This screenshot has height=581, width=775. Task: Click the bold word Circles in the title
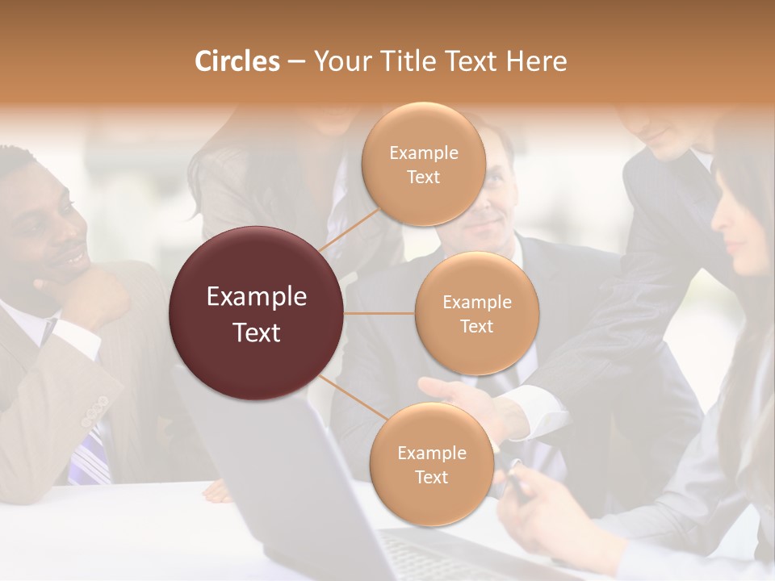tap(237, 61)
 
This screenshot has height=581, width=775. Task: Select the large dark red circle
tap(257, 313)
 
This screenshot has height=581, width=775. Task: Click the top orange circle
tap(423, 164)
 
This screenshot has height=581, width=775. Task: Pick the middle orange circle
tap(476, 313)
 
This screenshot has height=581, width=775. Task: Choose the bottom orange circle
tap(431, 464)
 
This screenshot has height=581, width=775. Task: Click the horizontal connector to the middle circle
tap(379, 313)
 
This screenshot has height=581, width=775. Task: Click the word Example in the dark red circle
tap(257, 297)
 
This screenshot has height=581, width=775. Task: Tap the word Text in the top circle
tap(423, 177)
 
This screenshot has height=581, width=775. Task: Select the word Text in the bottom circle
tap(431, 477)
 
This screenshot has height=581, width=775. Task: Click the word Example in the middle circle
tap(476, 302)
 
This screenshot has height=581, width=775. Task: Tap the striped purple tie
tap(90, 456)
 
